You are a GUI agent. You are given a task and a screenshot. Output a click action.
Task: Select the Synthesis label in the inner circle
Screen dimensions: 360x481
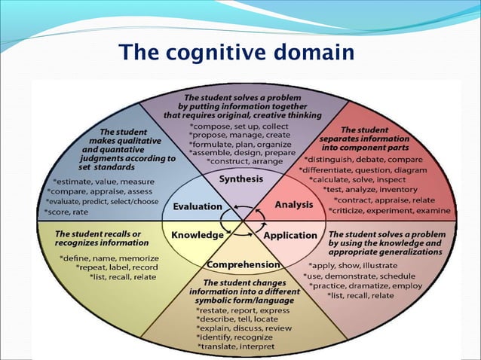point(240,179)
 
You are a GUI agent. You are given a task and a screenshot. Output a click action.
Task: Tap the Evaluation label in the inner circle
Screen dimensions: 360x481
point(198,206)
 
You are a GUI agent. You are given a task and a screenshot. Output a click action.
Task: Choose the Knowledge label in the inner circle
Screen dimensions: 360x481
point(198,235)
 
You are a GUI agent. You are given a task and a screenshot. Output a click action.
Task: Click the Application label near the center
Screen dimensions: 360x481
point(290,235)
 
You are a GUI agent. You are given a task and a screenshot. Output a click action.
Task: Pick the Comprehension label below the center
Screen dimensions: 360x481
point(244,265)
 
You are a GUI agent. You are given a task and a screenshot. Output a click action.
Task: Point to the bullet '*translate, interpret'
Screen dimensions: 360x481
point(237,346)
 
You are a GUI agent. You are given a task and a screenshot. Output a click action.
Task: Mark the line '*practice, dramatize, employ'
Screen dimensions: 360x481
point(365,286)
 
